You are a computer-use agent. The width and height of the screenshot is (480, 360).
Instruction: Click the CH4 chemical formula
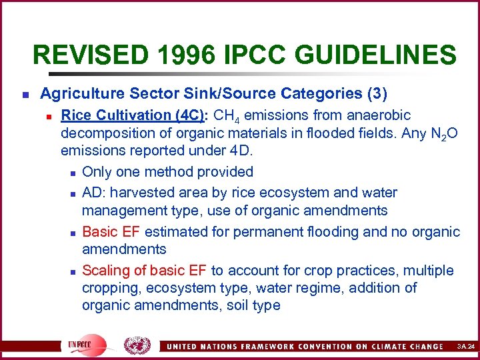pos(233,116)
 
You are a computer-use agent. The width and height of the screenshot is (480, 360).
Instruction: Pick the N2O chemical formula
pos(444,135)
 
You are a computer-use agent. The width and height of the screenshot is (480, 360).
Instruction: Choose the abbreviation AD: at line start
pos(93,193)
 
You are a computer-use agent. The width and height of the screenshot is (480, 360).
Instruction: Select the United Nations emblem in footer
pos(137,345)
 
